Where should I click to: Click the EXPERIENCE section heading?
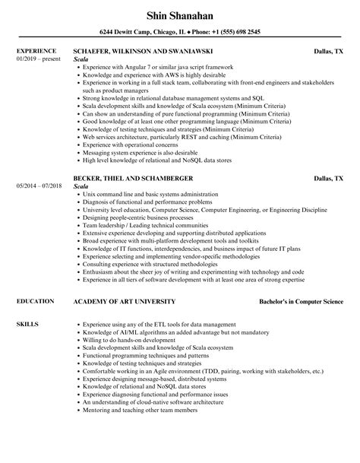point(36,52)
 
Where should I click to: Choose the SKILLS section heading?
point(27,303)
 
